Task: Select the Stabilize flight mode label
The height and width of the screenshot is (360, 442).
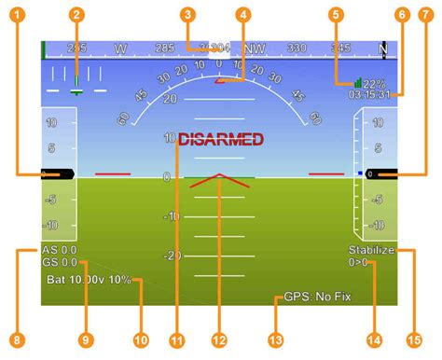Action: (x=371, y=250)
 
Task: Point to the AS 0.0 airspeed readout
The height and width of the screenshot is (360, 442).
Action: (x=59, y=250)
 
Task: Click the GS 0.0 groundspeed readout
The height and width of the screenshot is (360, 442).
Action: (x=59, y=263)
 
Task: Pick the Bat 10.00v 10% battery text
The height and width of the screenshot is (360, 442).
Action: (x=89, y=280)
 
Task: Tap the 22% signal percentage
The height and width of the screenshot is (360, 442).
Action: (x=372, y=82)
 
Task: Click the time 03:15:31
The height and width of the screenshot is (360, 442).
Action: (x=369, y=94)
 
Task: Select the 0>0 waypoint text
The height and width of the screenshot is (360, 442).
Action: (x=358, y=263)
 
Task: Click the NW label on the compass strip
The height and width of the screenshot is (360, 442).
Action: (x=254, y=48)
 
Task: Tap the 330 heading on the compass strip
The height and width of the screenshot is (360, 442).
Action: (x=297, y=48)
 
